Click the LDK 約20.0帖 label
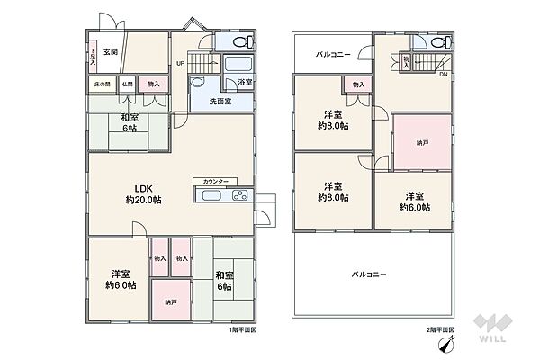click(x=143, y=194)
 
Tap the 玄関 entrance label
click(x=110, y=52)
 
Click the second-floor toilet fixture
click(x=440, y=43)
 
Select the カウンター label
click(x=215, y=181)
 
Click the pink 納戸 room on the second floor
click(x=422, y=141)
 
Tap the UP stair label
click(x=180, y=63)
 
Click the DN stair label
click(x=443, y=75)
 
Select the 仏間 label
click(x=129, y=85)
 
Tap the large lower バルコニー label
click(x=369, y=274)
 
